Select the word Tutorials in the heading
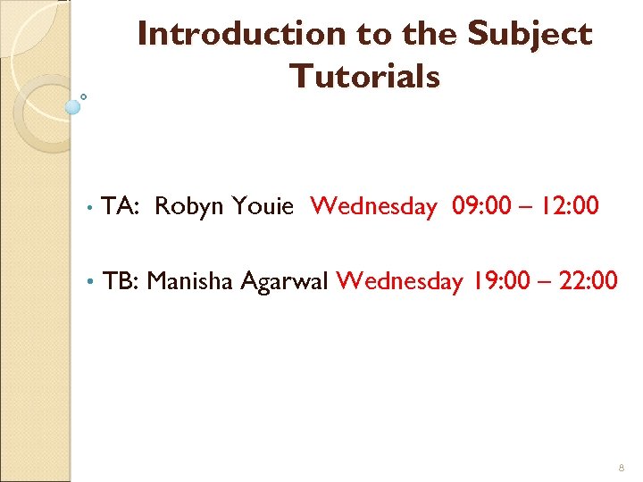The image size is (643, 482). point(364,77)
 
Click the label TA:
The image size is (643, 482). point(119,207)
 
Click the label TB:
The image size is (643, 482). point(121,282)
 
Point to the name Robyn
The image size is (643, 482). point(189,207)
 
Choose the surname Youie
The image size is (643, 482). point(263,207)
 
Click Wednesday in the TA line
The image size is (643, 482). point(373,207)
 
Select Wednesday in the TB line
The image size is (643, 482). point(400,282)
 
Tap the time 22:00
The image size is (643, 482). point(586,282)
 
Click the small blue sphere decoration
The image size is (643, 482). point(73,107)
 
